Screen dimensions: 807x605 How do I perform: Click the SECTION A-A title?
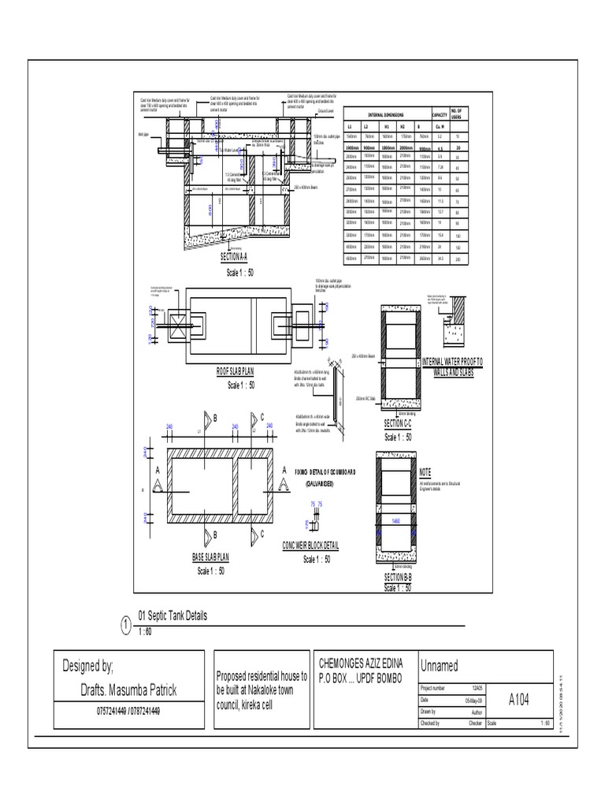(x=233, y=256)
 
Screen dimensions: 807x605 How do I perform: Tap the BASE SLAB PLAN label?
(x=210, y=556)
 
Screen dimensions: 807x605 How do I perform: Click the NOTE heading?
(x=426, y=471)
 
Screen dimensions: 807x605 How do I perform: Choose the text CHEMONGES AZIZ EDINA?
(x=359, y=664)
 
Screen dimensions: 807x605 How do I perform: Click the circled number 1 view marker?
(x=126, y=625)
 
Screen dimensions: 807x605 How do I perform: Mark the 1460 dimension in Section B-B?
(x=396, y=522)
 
